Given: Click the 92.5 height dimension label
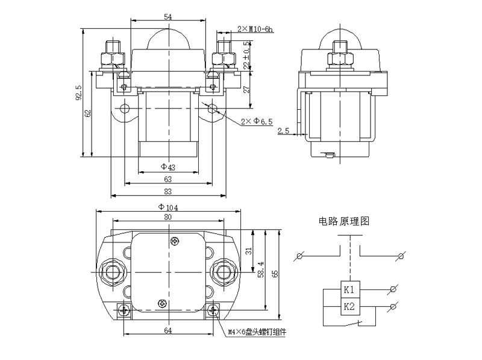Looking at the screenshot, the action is [x=79, y=93].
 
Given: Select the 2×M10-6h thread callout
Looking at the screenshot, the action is [x=255, y=29].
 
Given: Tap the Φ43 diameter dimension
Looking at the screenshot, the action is [x=168, y=167].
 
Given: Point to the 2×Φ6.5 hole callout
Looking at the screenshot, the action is [x=257, y=122].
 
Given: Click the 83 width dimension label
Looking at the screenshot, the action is [x=168, y=191].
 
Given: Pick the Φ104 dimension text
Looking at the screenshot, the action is [x=168, y=207].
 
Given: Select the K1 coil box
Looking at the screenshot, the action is [x=349, y=289].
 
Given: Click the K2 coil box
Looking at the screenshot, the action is [x=349, y=306].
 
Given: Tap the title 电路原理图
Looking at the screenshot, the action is [x=344, y=221].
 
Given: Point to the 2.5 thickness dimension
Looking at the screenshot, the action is [x=283, y=130].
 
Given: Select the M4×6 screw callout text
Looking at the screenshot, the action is [x=257, y=332].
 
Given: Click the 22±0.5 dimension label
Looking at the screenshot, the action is [x=246, y=55].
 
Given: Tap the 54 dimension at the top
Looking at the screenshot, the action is [x=168, y=17].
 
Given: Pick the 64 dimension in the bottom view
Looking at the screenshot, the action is [x=168, y=330].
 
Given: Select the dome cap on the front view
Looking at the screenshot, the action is [x=168, y=39].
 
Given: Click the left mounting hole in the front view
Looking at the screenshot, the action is [x=125, y=109].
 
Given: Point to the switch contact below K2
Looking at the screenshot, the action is [x=354, y=323].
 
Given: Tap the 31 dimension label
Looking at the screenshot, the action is [x=249, y=251].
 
